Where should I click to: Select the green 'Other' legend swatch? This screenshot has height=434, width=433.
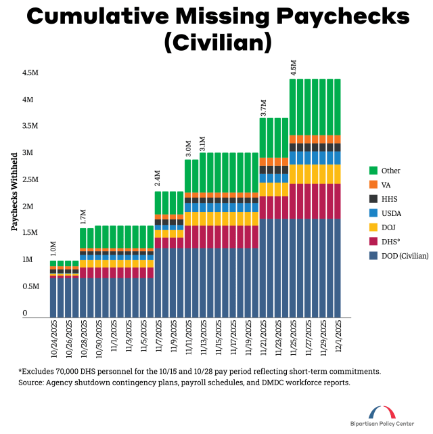tap(373, 171)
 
